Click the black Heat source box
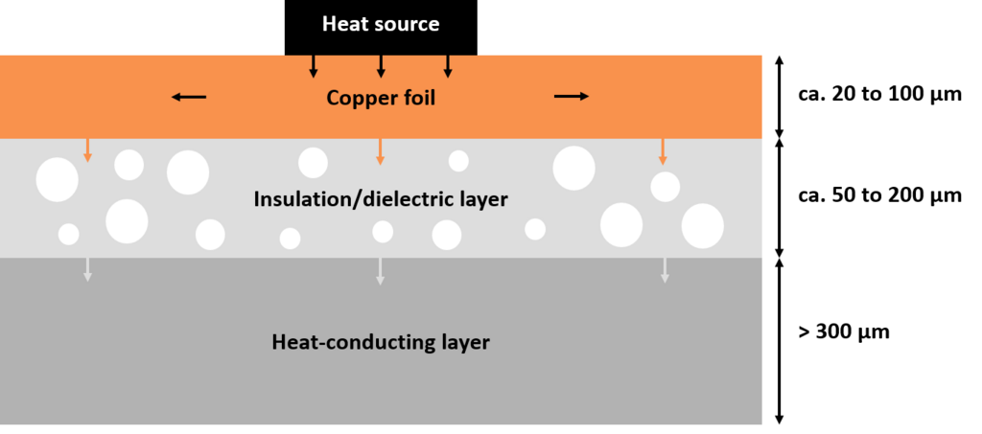click(x=381, y=28)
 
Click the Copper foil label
click(x=381, y=98)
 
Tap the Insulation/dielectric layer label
click(x=380, y=199)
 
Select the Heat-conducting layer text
click(x=381, y=343)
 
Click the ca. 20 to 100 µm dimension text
click(x=880, y=97)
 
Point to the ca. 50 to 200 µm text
click(x=880, y=195)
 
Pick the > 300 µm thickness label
click(x=844, y=331)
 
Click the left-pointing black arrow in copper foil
click(x=189, y=97)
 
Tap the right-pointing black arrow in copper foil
click(x=572, y=96)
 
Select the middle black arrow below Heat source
click(x=380, y=67)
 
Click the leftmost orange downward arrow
click(x=87, y=150)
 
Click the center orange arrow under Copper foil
click(x=380, y=152)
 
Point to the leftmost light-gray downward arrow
click(x=87, y=269)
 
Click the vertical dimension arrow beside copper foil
click(x=780, y=97)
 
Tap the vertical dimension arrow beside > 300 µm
click(x=780, y=340)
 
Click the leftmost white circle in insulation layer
click(x=57, y=180)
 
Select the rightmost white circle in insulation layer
click(x=703, y=226)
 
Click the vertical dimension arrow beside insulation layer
click(x=780, y=197)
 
